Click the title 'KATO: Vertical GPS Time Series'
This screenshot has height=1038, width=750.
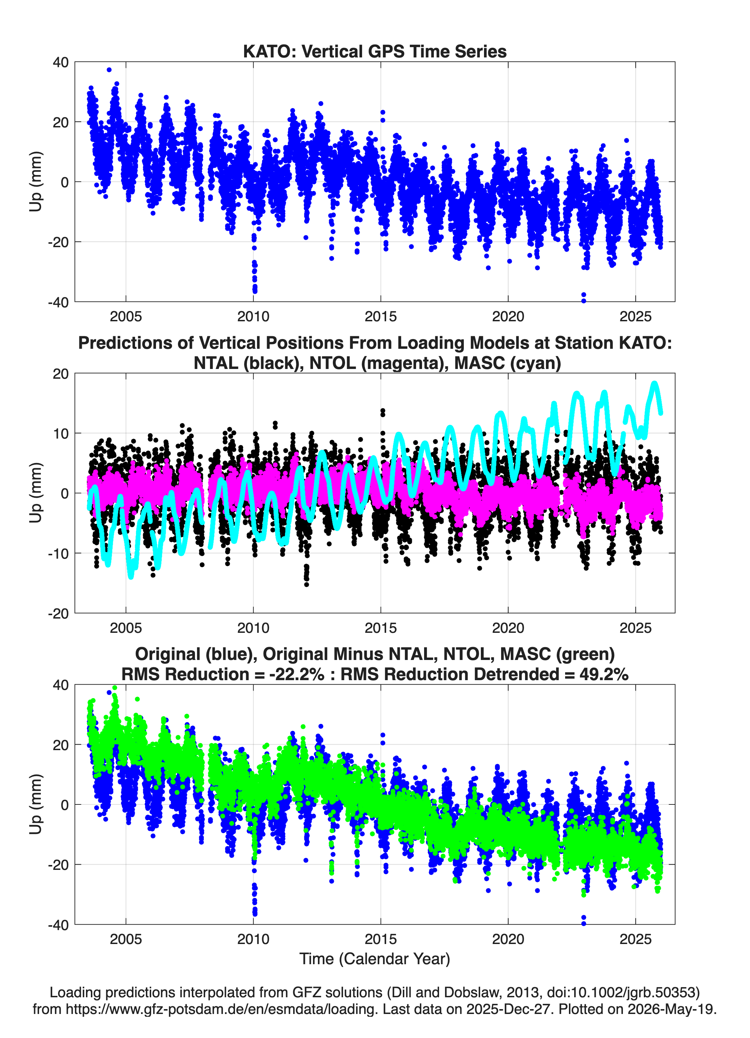click(x=375, y=51)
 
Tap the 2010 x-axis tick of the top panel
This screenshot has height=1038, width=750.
click(x=253, y=316)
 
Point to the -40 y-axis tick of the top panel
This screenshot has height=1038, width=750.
click(x=58, y=302)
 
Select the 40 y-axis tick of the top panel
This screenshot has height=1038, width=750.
click(x=61, y=62)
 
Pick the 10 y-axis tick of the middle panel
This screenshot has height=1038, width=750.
click(x=61, y=433)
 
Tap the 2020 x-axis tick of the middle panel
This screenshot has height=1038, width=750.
click(x=508, y=628)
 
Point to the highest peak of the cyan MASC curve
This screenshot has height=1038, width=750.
click(x=654, y=384)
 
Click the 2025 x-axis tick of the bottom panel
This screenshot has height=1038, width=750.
click(x=635, y=939)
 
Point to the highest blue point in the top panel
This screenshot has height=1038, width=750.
click(x=109, y=70)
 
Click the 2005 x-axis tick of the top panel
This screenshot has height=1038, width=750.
click(x=126, y=316)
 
